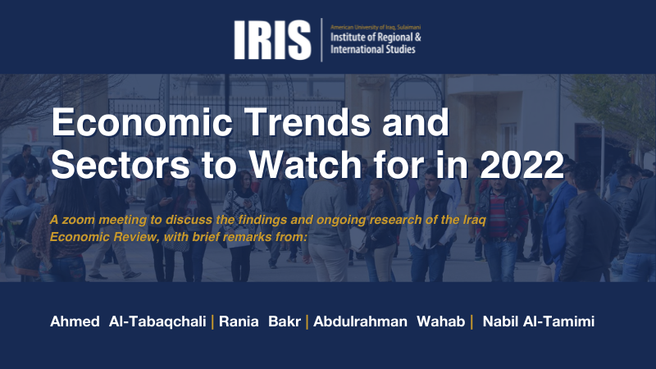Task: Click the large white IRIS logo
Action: pyautogui.click(x=272, y=40)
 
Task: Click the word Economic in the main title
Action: pyautogui.click(x=142, y=122)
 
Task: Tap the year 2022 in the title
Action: pyautogui.click(x=522, y=165)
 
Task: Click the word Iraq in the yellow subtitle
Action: pyautogui.click(x=475, y=220)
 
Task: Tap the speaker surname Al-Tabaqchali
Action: pyautogui.click(x=157, y=321)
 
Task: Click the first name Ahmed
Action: pyautogui.click(x=75, y=321)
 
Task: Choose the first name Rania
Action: pyautogui.click(x=239, y=321)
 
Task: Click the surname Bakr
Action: pyautogui.click(x=285, y=321)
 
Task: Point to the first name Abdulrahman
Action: pyautogui.click(x=360, y=321)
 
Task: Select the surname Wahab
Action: pyautogui.click(x=441, y=321)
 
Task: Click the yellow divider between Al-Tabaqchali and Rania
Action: pyautogui.click(x=212, y=321)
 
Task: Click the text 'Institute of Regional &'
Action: pyautogui.click(x=376, y=37)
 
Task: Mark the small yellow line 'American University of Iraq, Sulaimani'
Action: pyautogui.click(x=376, y=27)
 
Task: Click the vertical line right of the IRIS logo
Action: pyautogui.click(x=321, y=40)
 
